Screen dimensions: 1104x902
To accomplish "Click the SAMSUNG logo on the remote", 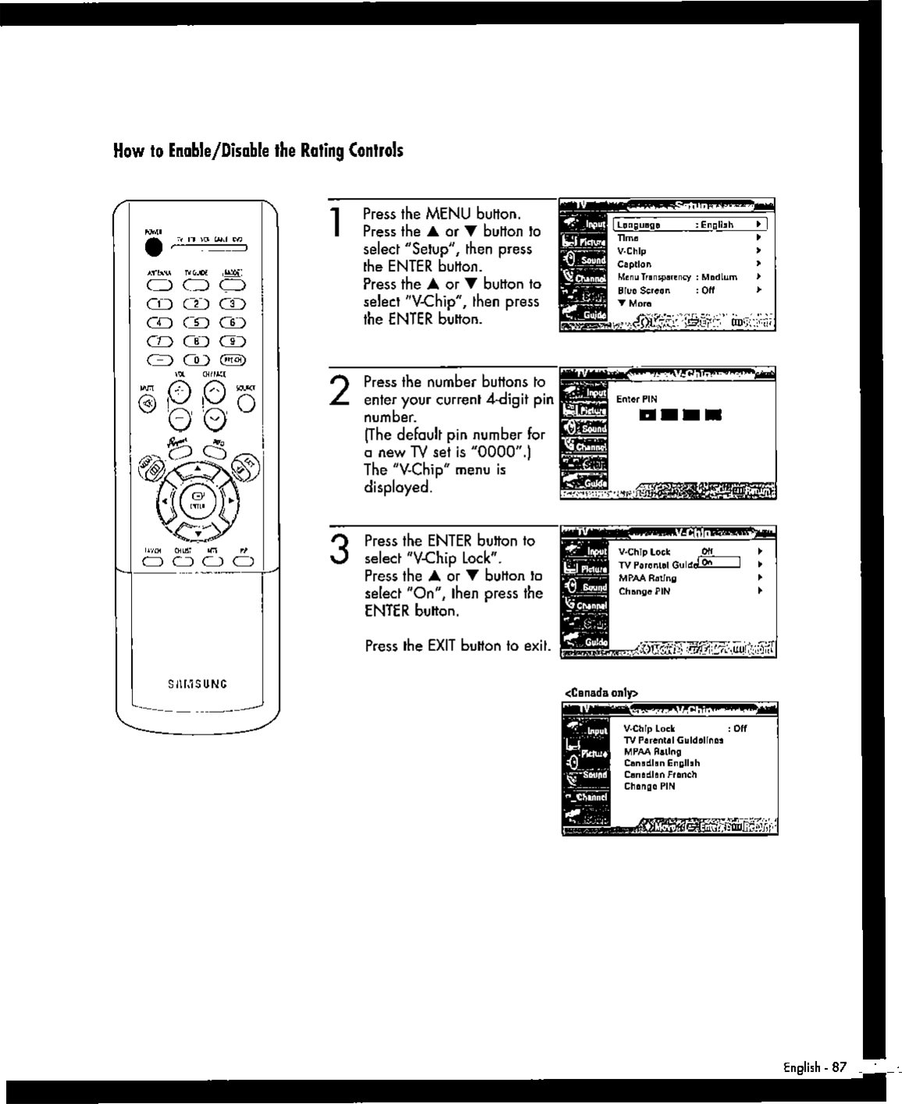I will (x=197, y=685).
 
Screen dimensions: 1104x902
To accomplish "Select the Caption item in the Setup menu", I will (x=634, y=264).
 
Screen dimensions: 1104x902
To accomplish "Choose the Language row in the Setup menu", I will (x=687, y=225).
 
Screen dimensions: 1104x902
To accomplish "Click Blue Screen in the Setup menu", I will (x=644, y=290).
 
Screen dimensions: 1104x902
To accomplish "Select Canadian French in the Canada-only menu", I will (x=660, y=775).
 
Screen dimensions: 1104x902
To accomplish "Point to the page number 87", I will (x=839, y=1067).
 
